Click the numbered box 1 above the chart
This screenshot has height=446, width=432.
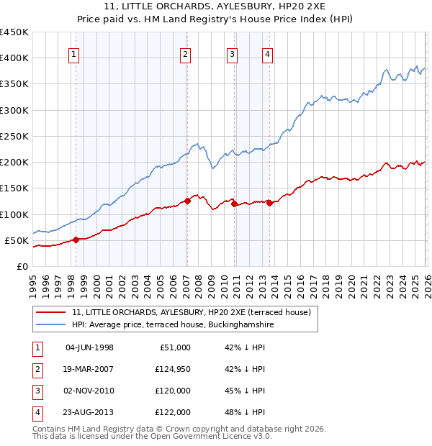point(75,53)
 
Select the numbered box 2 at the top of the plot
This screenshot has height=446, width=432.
point(186,53)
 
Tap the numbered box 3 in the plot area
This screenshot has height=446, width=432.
point(233,53)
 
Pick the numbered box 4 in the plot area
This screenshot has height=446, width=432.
point(267,53)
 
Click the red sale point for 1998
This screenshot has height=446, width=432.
point(76,240)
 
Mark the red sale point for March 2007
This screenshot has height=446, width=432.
point(187,201)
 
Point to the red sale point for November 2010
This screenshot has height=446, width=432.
point(234,204)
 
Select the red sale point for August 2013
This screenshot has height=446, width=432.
point(269,203)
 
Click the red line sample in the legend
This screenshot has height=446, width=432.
point(51,312)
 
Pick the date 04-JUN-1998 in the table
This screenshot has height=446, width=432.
point(89,347)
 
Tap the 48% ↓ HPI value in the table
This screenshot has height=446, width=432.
point(245,412)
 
